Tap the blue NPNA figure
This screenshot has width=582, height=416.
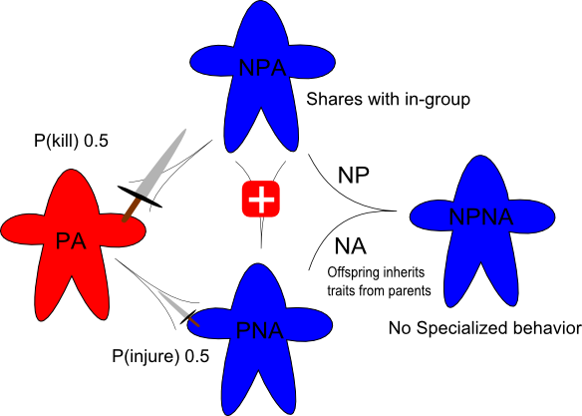481,230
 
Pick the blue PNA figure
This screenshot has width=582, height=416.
260,334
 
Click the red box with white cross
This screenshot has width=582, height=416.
260,199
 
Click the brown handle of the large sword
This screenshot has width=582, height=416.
131,210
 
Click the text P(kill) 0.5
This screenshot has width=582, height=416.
71,141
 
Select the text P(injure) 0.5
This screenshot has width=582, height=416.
160,356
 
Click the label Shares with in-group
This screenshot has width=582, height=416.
388,100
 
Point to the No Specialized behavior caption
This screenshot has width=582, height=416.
484,328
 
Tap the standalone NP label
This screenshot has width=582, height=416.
353,175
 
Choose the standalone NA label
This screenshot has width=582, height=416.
351,245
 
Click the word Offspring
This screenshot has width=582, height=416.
350,273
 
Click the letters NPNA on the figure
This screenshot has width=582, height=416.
481,216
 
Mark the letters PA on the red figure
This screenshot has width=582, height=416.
71,241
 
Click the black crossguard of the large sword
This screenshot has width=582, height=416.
140,197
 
